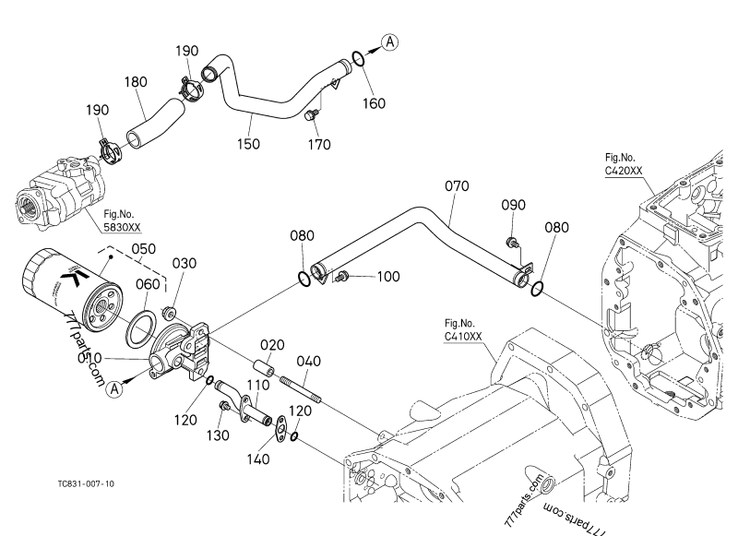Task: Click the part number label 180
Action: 136,82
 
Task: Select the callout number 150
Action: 246,143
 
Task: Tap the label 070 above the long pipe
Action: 456,186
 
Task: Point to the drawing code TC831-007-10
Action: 85,482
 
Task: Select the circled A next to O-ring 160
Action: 390,41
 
